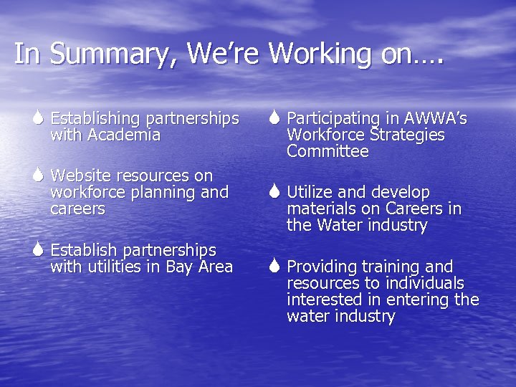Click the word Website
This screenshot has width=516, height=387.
85,176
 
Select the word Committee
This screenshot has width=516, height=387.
328,152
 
